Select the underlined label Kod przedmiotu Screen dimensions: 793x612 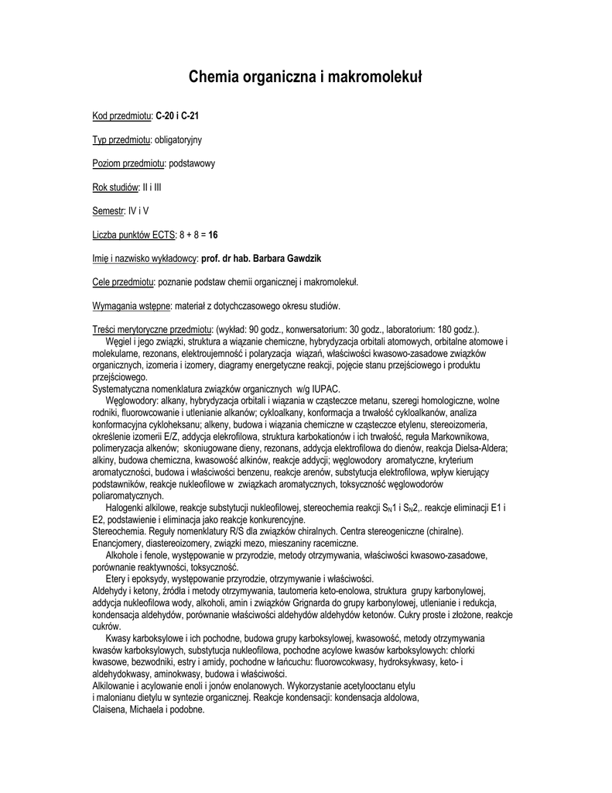click(121, 116)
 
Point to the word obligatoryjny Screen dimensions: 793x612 click(178, 139)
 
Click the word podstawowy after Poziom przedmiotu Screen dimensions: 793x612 click(191, 163)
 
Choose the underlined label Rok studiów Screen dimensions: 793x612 click(115, 187)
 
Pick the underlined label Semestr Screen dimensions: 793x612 click(108, 211)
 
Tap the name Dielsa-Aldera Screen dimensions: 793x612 click(479, 448)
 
